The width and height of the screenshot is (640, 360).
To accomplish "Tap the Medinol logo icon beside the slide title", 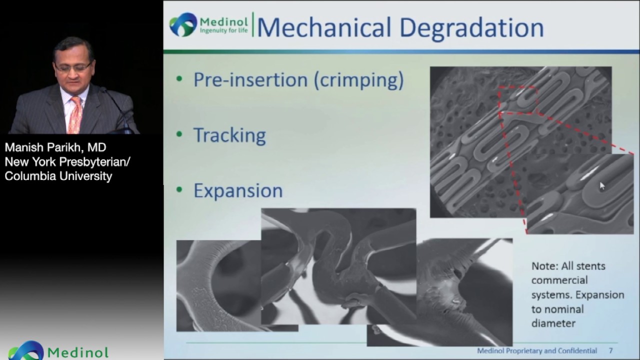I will tap(183, 25).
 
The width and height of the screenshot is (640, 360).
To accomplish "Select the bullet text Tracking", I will tap(229, 135).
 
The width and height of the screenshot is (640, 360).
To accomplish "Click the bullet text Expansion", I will tap(238, 190).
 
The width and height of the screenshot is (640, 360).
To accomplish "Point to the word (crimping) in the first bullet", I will tap(358, 80).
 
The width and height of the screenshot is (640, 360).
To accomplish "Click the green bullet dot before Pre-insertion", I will tap(179, 80).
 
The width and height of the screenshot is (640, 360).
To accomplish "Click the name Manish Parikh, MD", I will tap(55, 148).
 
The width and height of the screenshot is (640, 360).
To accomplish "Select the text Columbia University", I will tap(58, 176).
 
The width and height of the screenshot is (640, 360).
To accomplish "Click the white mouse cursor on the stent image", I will tap(602, 186).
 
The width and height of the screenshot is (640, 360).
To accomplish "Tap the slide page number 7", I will tap(610, 351).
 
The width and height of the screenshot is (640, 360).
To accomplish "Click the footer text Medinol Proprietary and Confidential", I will tap(537, 351).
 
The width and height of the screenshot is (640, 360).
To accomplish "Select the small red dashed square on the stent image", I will tap(517, 99).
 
